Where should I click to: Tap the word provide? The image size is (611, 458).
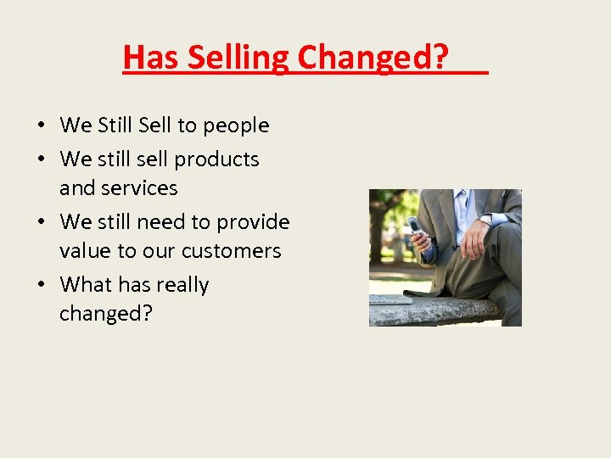(253, 222)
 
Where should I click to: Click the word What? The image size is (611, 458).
(86, 285)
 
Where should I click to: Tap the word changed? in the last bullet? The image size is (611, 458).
(105, 314)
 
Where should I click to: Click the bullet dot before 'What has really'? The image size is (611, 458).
(42, 286)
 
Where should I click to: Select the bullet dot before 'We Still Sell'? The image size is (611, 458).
(42, 126)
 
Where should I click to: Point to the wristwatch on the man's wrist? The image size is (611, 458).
(485, 220)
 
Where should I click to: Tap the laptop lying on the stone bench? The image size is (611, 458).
(390, 299)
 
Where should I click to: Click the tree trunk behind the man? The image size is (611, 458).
(377, 229)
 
